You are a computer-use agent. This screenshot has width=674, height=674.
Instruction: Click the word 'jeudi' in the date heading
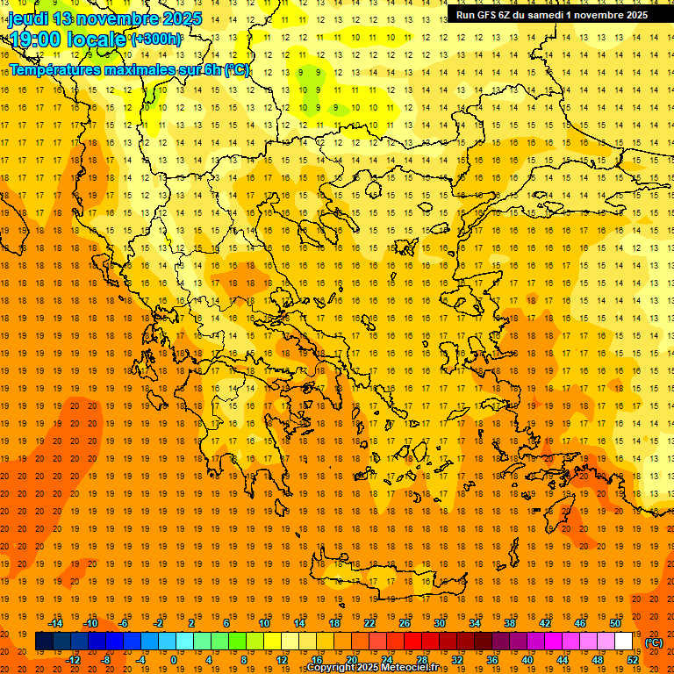(28, 18)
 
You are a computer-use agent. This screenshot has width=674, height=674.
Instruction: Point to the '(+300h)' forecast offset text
(157, 39)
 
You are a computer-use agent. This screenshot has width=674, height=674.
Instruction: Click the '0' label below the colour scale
(174, 660)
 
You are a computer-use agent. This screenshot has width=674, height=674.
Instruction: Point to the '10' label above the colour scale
(263, 623)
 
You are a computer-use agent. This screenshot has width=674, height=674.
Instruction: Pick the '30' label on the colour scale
(440, 623)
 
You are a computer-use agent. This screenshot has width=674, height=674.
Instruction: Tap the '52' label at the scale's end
(633, 660)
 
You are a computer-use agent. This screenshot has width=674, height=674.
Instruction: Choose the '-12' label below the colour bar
(73, 660)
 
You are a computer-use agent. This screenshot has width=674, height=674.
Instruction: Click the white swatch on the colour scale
(624, 642)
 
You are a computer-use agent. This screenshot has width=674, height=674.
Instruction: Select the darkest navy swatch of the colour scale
(44, 642)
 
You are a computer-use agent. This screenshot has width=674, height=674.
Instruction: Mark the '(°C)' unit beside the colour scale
(654, 642)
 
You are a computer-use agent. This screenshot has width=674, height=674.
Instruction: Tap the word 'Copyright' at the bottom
(332, 668)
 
